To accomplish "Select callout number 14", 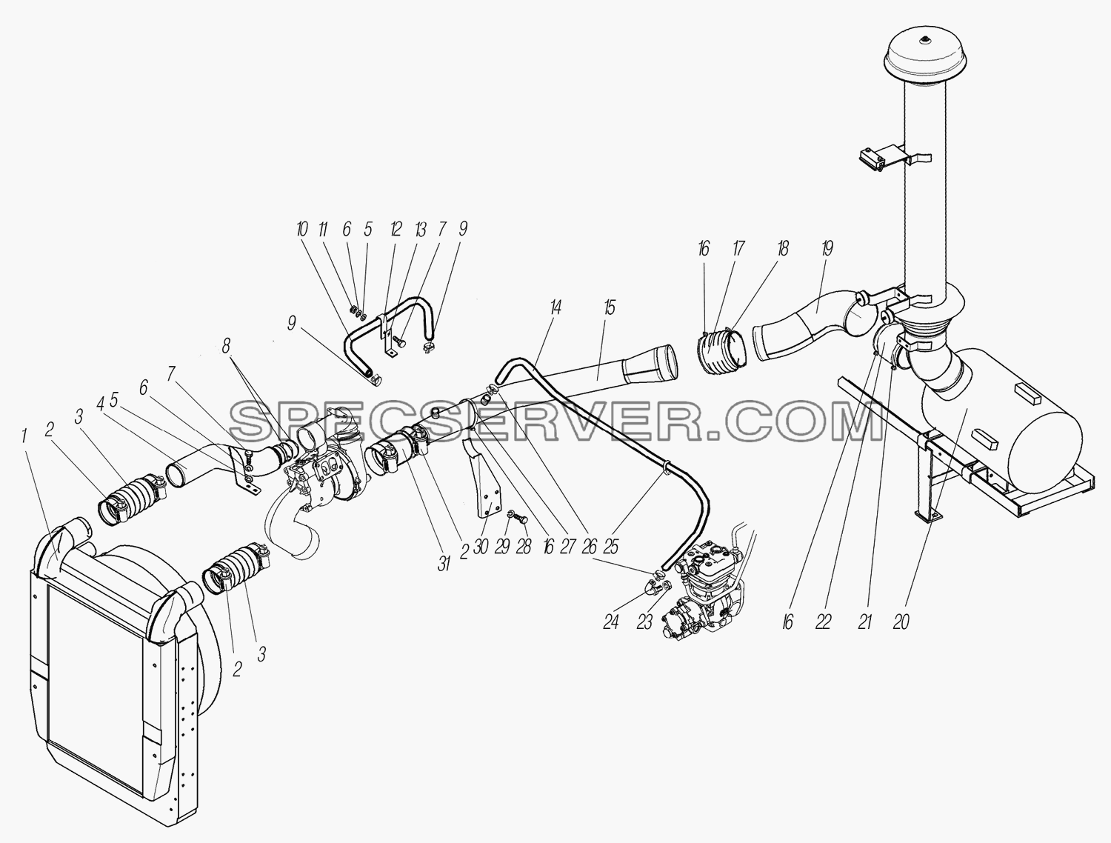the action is (555, 307).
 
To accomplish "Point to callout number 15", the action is (610, 307).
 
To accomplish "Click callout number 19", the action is (827, 248).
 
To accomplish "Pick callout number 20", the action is (901, 622).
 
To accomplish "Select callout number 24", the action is (611, 622).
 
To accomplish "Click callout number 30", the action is (481, 547).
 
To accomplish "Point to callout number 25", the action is (611, 547).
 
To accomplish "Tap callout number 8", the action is (226, 346).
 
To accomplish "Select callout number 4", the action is (100, 404).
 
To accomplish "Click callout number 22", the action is (824, 622).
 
